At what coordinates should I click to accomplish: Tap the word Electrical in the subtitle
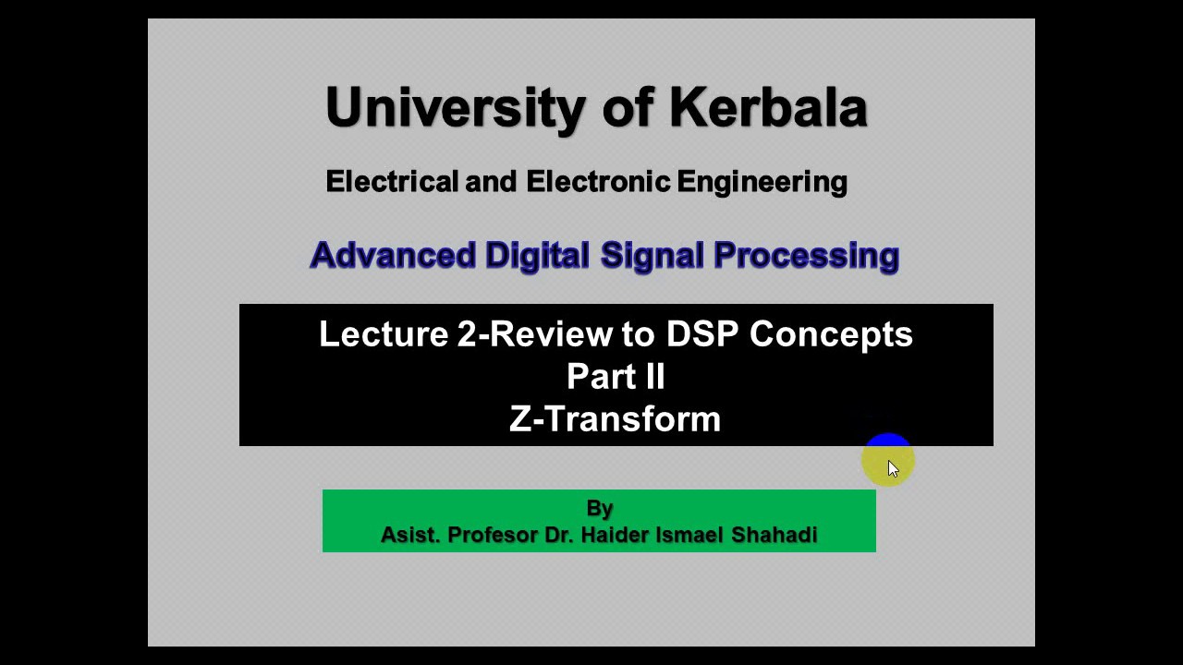click(392, 182)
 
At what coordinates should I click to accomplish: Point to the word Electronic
click(598, 182)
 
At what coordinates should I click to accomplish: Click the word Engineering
click(762, 182)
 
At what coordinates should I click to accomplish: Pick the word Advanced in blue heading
click(393, 256)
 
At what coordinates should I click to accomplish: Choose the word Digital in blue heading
click(537, 256)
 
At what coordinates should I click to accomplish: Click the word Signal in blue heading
click(652, 256)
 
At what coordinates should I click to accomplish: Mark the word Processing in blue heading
click(806, 256)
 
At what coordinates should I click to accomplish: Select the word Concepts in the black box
click(831, 334)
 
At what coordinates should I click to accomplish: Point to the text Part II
click(616, 377)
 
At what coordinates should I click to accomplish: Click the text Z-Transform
click(615, 419)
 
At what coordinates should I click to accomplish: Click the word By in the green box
click(599, 508)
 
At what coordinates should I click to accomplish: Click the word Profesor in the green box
click(492, 535)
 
